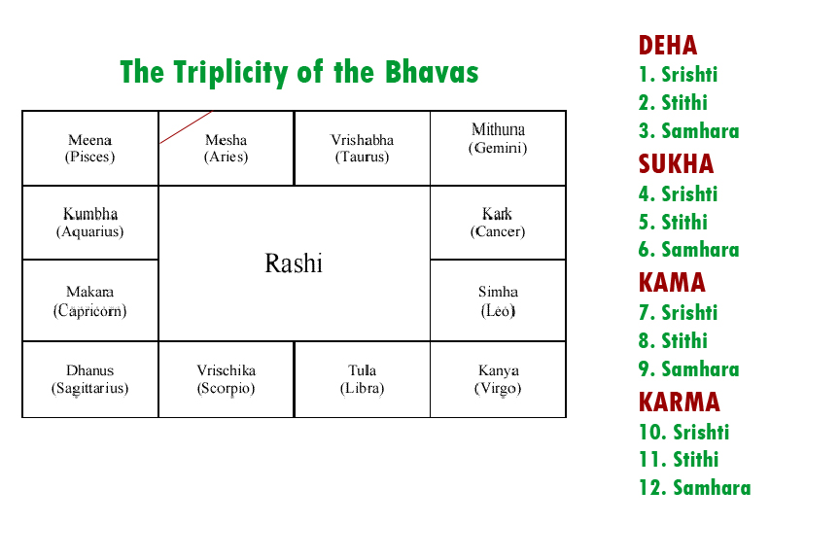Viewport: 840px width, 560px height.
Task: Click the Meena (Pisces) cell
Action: pos(89,148)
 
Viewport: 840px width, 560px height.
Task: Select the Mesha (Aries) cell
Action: pos(226,148)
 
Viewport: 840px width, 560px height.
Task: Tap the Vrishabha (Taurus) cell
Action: pos(362,148)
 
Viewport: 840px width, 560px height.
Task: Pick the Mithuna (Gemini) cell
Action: pos(498,148)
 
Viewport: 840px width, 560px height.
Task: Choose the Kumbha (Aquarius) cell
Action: pos(89,223)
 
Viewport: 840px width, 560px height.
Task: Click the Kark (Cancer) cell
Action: pos(498,223)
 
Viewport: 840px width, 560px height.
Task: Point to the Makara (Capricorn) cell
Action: pos(89,300)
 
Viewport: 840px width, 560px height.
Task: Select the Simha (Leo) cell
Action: pos(498,300)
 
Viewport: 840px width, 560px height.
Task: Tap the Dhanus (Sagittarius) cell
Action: pos(89,379)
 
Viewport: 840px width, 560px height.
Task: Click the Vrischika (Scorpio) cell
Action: pos(226,379)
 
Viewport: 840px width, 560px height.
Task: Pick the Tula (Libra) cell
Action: pos(362,379)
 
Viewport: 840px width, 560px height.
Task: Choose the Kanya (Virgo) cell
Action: pos(498,379)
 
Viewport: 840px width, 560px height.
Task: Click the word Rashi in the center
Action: pos(294,263)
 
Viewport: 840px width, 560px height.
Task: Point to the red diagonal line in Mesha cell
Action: pos(185,127)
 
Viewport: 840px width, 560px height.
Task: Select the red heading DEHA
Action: pos(667,45)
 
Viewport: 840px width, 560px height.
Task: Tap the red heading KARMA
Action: pos(679,402)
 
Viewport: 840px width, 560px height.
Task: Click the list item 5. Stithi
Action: pos(673,222)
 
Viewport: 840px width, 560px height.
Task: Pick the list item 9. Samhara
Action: pos(688,369)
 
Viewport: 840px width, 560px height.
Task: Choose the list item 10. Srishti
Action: pos(683,433)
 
